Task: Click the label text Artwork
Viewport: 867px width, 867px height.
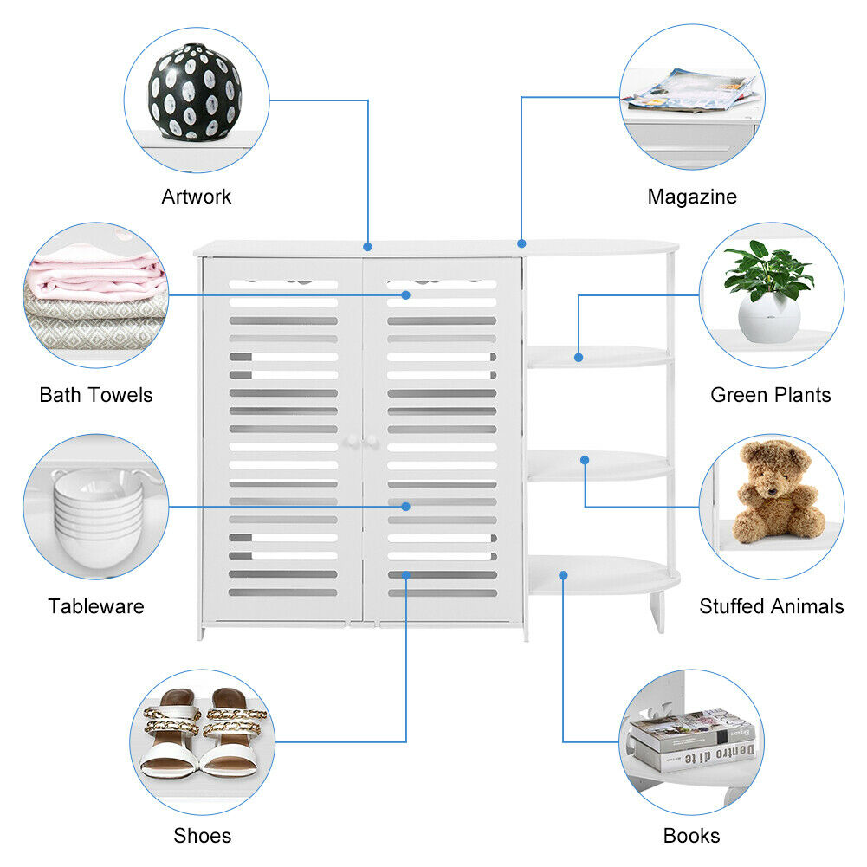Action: tap(197, 197)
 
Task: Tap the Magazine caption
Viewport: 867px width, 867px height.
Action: tap(692, 197)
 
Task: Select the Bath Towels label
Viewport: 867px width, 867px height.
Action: tap(95, 395)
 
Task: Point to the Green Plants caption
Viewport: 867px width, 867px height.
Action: tap(770, 395)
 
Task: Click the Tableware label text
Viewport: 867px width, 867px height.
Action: tap(96, 606)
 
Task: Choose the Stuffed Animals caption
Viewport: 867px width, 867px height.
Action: tap(772, 606)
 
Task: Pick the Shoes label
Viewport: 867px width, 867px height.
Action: tap(202, 836)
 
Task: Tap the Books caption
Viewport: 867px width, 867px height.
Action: tap(691, 836)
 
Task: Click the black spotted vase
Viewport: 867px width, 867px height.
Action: tap(195, 92)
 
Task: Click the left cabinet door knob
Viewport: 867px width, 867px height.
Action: tap(353, 442)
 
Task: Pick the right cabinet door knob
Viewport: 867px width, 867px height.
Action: tap(374, 442)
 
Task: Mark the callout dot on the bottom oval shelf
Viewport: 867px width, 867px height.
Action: tap(563, 573)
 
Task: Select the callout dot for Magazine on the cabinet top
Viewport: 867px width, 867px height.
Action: tap(521, 243)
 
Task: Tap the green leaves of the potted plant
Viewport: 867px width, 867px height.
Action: tap(767, 270)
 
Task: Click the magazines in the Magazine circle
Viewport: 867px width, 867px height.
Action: tap(691, 91)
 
